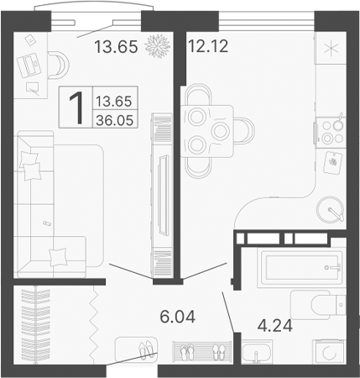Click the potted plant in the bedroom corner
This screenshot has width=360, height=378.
[156, 46]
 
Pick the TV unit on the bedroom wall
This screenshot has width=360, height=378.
[161, 193]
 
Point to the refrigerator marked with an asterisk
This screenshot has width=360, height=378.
[330, 47]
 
